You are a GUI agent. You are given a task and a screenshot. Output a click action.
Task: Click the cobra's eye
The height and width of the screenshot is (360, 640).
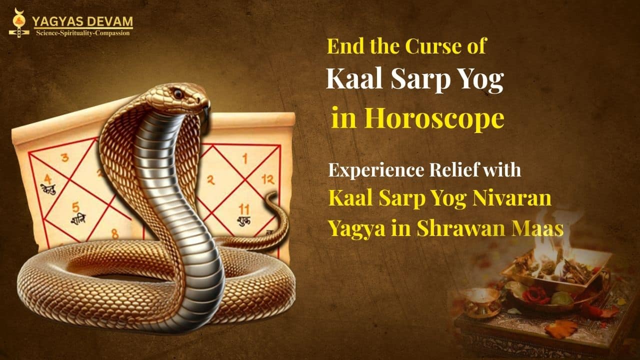tap(178, 93)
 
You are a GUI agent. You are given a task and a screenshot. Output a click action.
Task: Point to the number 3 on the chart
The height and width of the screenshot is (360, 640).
tap(65, 158)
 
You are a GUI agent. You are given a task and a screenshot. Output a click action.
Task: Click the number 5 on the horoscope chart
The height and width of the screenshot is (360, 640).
tap(75, 206)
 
